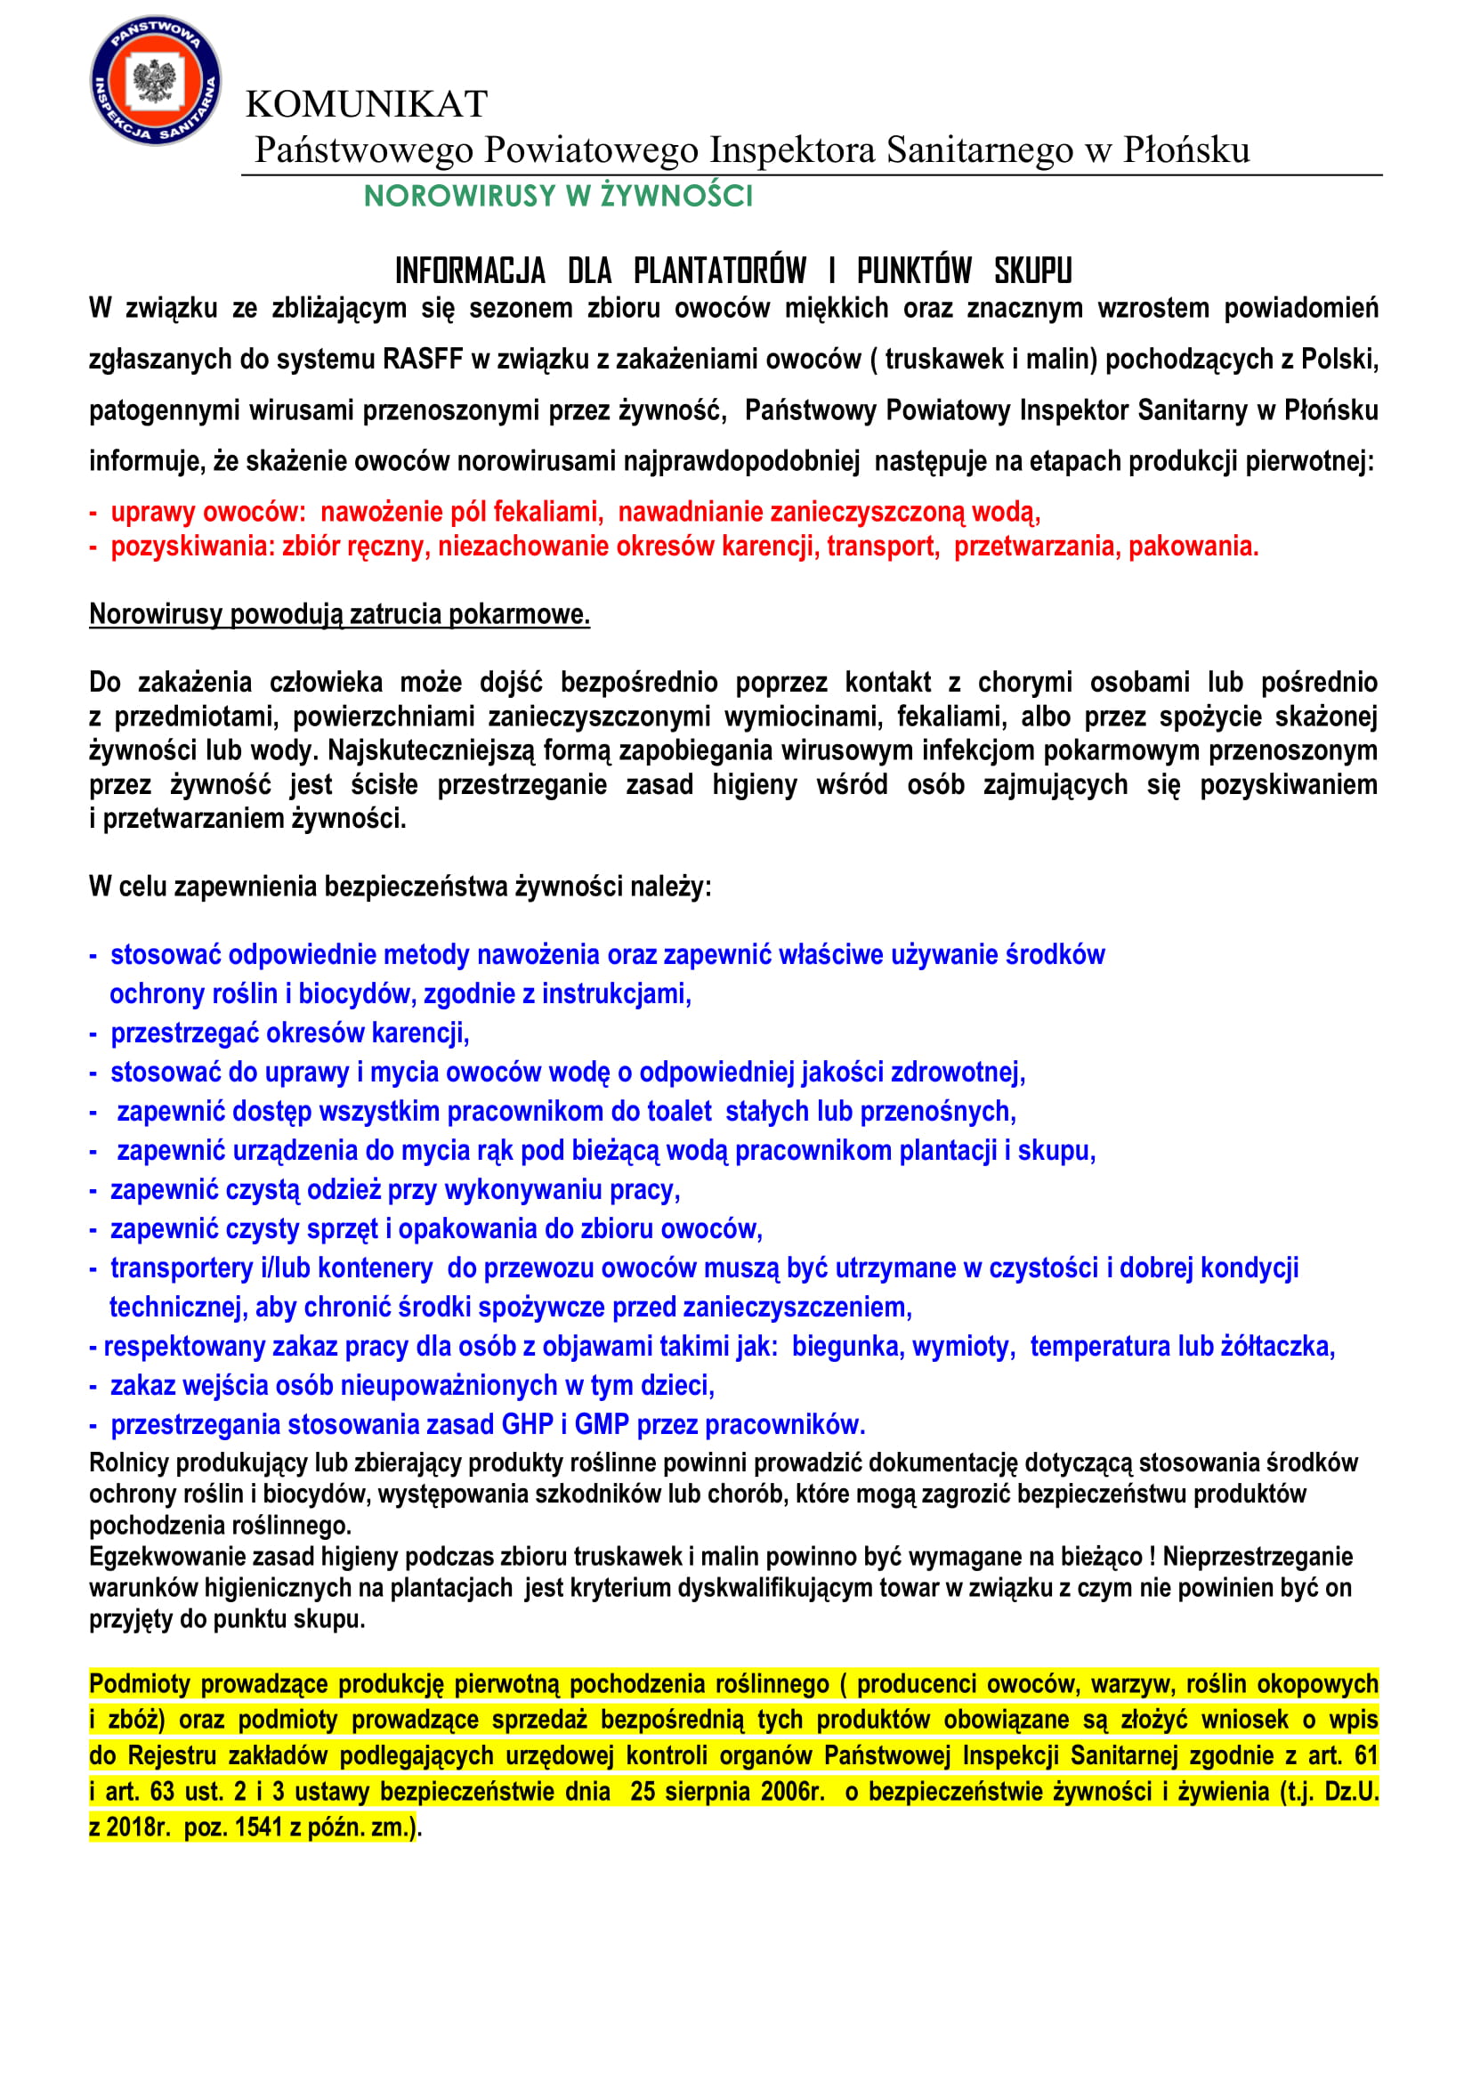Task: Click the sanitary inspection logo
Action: (x=155, y=80)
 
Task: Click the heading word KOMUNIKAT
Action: (x=366, y=104)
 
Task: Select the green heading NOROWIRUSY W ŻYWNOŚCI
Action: (x=558, y=196)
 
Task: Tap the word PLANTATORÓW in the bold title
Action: (x=720, y=271)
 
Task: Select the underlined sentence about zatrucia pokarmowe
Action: (x=339, y=614)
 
